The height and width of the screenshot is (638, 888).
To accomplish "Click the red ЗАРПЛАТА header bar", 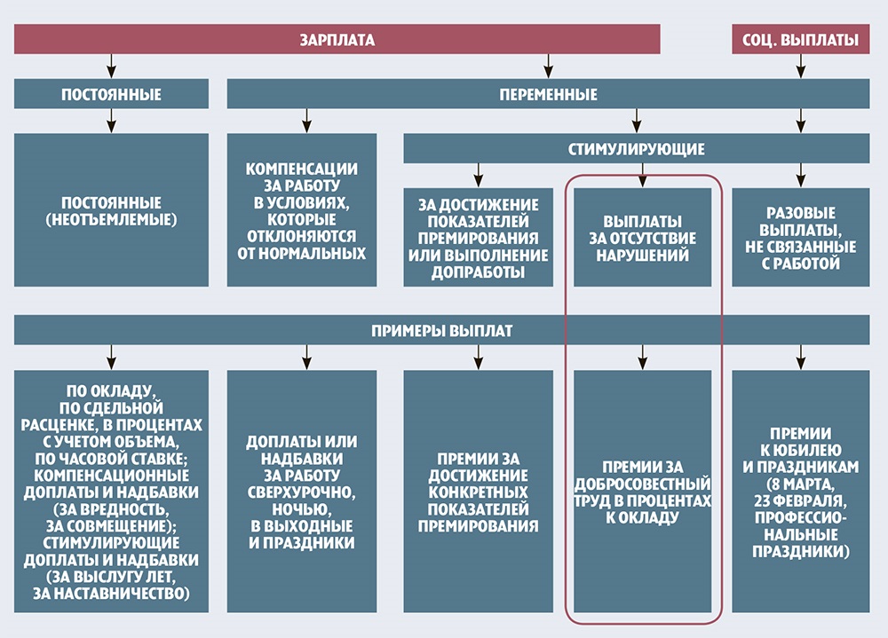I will click(337, 40).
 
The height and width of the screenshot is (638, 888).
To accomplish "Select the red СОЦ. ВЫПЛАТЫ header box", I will click(800, 40).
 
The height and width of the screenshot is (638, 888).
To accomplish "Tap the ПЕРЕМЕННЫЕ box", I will click(548, 94).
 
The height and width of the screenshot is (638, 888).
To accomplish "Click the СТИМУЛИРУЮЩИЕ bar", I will click(636, 148).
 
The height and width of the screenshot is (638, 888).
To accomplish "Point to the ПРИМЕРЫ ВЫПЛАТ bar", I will click(441, 331).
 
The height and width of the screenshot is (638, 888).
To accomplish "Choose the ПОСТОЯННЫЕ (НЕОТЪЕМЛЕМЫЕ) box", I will click(111, 209).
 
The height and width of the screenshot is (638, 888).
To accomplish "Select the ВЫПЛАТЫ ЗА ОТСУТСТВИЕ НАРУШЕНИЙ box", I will click(643, 237).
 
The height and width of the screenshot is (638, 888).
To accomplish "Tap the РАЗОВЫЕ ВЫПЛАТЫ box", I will click(800, 237).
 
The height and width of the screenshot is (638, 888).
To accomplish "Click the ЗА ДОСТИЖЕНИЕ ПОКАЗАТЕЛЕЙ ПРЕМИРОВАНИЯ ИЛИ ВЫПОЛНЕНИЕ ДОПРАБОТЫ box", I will click(479, 237).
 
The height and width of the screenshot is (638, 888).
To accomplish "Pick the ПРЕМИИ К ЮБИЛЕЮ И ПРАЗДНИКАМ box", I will click(800, 491).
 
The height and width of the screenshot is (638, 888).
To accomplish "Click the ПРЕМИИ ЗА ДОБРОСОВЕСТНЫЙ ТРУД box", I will click(643, 491).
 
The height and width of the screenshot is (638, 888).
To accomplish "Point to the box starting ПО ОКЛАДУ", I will click(111, 491).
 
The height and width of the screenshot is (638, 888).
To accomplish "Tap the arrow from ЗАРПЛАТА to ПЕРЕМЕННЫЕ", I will click(548, 66).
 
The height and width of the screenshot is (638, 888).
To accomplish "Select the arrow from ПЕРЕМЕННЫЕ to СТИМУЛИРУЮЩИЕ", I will click(636, 121).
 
